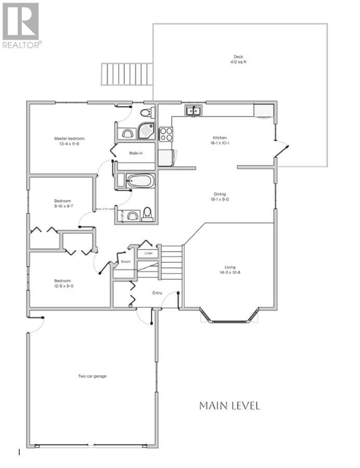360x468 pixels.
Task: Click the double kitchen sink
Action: [x=194, y=110]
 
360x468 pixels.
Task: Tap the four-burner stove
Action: [x=166, y=134]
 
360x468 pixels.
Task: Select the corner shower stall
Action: [x=146, y=133]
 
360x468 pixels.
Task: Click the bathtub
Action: [x=140, y=181]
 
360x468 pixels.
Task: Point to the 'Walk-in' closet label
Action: [x=136, y=153]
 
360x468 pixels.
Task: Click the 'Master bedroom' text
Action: [x=69, y=138]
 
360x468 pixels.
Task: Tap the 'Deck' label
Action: [x=238, y=57]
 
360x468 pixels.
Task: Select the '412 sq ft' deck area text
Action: [x=238, y=62]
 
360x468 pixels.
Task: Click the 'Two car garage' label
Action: [x=92, y=376]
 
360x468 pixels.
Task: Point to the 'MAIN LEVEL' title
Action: [x=229, y=406]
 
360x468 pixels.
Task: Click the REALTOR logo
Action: [x=21, y=25]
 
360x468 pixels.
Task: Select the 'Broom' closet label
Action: [x=126, y=262]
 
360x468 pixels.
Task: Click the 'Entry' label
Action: [x=157, y=293]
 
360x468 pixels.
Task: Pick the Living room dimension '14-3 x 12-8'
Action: [x=229, y=272]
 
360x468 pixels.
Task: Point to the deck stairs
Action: [x=127, y=74]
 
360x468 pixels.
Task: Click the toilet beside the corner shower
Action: [x=146, y=112]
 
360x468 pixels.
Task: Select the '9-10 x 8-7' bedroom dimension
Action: [x=62, y=206]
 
